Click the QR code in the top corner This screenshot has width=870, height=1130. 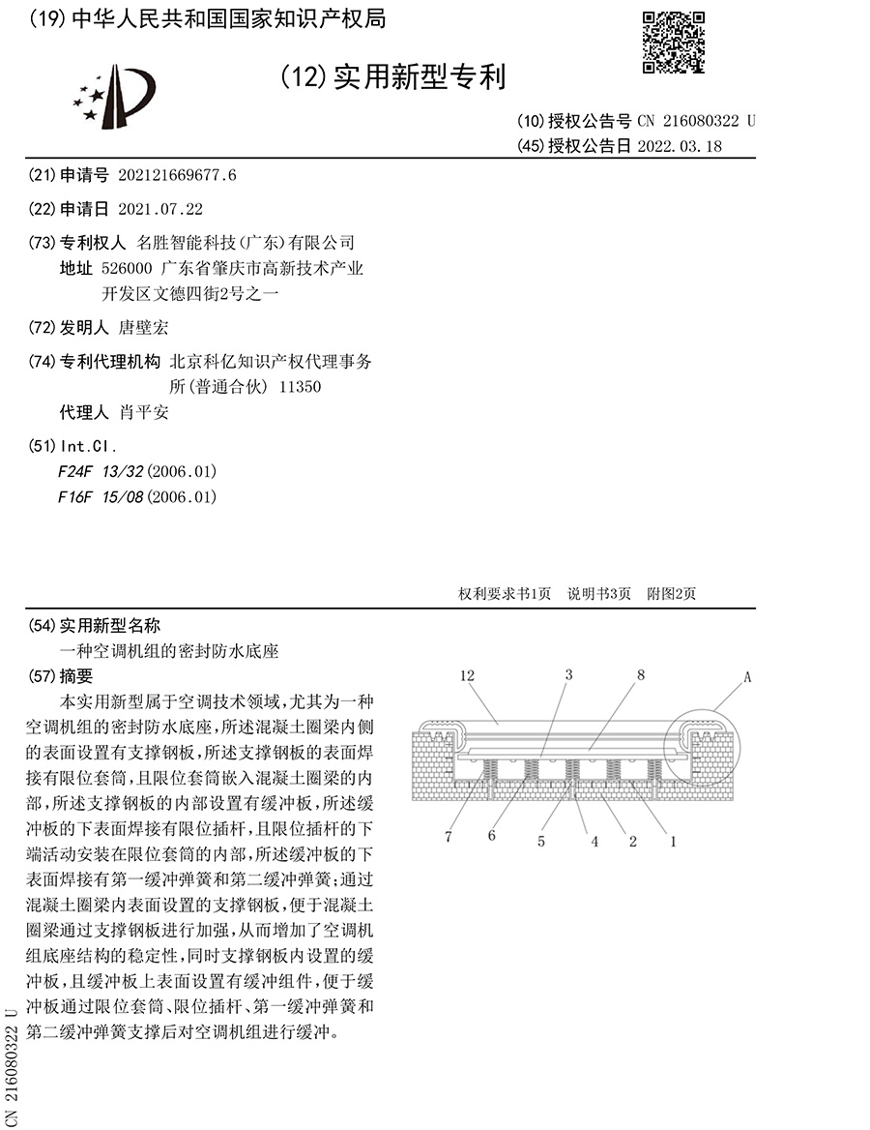click(674, 42)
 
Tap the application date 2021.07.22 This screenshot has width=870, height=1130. click(160, 208)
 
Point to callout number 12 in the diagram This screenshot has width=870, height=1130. click(469, 677)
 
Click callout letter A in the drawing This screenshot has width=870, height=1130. click(747, 678)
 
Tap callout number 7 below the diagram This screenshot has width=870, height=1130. click(449, 838)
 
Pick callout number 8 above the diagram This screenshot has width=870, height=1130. click(640, 676)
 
